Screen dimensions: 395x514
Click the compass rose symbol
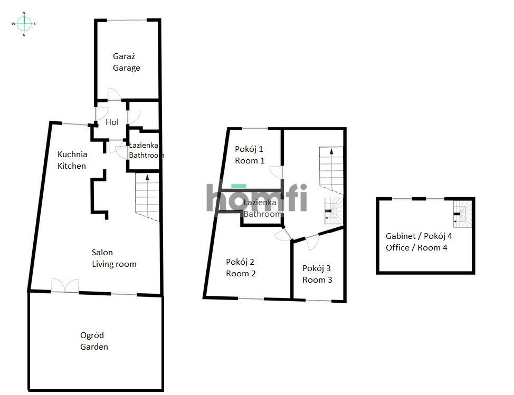[24, 24]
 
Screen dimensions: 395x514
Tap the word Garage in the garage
[127, 68]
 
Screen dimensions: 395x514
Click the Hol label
[112, 122]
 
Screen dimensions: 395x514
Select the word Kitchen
[72, 166]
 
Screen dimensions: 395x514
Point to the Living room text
[114, 264]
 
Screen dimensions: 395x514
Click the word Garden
[94, 347]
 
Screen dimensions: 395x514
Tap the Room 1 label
[250, 161]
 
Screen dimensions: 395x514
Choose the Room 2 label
[241, 274]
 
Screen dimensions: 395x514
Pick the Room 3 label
[317, 280]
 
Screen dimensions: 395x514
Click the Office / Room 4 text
[416, 247]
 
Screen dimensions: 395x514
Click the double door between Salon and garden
[65, 285]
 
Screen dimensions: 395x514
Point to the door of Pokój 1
[275, 172]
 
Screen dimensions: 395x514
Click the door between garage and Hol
[113, 95]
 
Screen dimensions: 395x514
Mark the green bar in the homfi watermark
[239, 186]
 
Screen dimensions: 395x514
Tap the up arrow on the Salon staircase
[146, 178]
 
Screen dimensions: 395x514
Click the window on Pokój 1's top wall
[254, 128]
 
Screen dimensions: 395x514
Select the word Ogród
[92, 335]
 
